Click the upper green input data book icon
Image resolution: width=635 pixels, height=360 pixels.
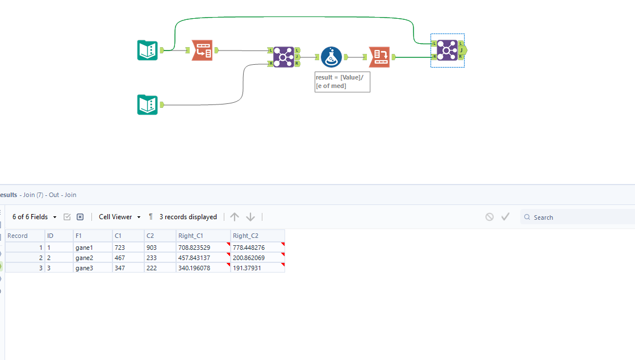click(147, 50)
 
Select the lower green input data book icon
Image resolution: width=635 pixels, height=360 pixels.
click(147, 104)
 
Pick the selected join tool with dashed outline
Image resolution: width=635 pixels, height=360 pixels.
click(447, 51)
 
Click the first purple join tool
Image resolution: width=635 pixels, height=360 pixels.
click(283, 57)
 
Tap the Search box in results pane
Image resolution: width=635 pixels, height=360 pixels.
click(579, 217)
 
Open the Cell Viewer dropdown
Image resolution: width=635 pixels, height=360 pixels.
click(119, 217)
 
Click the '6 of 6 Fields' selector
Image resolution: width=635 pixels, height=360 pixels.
click(35, 217)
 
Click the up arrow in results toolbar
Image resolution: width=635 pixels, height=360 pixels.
click(235, 217)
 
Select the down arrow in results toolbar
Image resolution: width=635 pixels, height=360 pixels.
click(250, 217)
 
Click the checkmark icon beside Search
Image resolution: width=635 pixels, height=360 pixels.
click(506, 217)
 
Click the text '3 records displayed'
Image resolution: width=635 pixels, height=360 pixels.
click(188, 217)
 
